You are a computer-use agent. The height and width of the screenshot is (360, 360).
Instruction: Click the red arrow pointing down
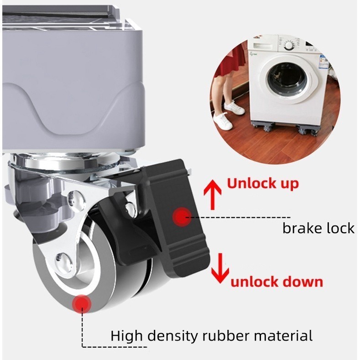pos(219,268)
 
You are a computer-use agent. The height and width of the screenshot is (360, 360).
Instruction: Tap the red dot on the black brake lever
pos(182,216)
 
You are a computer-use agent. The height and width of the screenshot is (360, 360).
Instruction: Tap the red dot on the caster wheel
pos(82,303)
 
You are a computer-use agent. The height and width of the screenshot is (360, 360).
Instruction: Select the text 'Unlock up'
pos(263,184)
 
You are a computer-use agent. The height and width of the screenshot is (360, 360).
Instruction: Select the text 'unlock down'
pos(277,281)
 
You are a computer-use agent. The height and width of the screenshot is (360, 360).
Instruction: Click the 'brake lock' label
pos(318,228)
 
